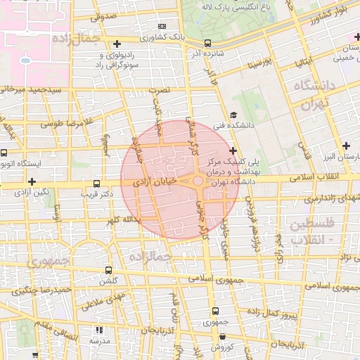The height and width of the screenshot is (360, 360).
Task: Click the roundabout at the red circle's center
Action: pyautogui.click(x=198, y=181)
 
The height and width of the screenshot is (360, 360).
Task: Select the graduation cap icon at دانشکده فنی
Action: pyautogui.click(x=233, y=116)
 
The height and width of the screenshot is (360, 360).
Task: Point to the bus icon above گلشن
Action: pyautogui.click(x=108, y=270)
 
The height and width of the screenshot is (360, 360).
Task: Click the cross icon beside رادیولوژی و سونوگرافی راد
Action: pyautogui.click(x=117, y=44)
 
